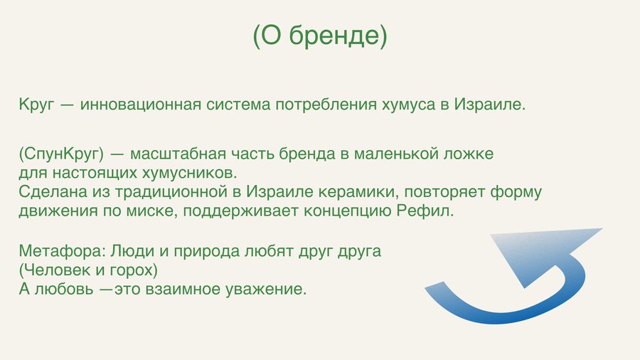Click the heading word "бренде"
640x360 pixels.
338,36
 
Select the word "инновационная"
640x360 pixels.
141,105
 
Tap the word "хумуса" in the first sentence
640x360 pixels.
409,105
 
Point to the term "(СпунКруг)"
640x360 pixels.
61,154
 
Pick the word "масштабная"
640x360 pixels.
178,154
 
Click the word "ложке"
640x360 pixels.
469,154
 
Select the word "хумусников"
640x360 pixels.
189,173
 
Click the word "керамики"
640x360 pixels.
358,192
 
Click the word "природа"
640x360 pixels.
206,251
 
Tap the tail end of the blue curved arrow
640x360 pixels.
434,286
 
